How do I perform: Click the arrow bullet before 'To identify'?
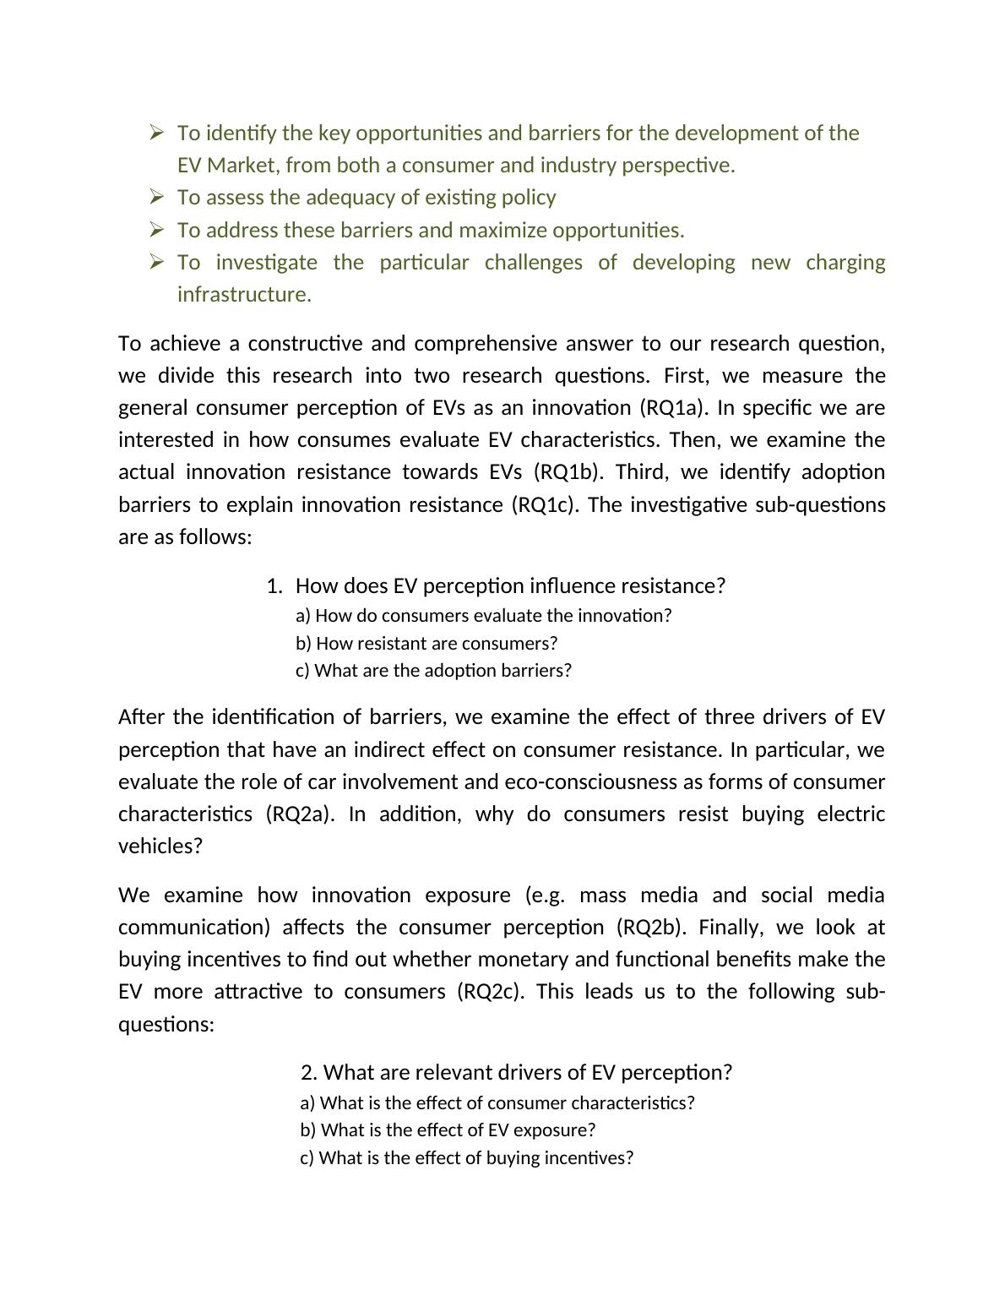coord(156,133)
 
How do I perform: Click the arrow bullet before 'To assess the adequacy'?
coord(156,197)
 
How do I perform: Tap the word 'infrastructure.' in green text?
coord(244,294)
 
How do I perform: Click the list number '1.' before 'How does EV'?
coord(274,585)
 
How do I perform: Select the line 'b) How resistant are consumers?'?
coord(426,643)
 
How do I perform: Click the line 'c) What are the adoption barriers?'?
coord(433,670)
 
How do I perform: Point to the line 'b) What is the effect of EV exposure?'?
coord(448,1130)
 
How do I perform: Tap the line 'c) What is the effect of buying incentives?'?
coord(466,1157)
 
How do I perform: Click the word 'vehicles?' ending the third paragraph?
coord(160,846)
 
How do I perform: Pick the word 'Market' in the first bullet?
coord(243,165)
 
